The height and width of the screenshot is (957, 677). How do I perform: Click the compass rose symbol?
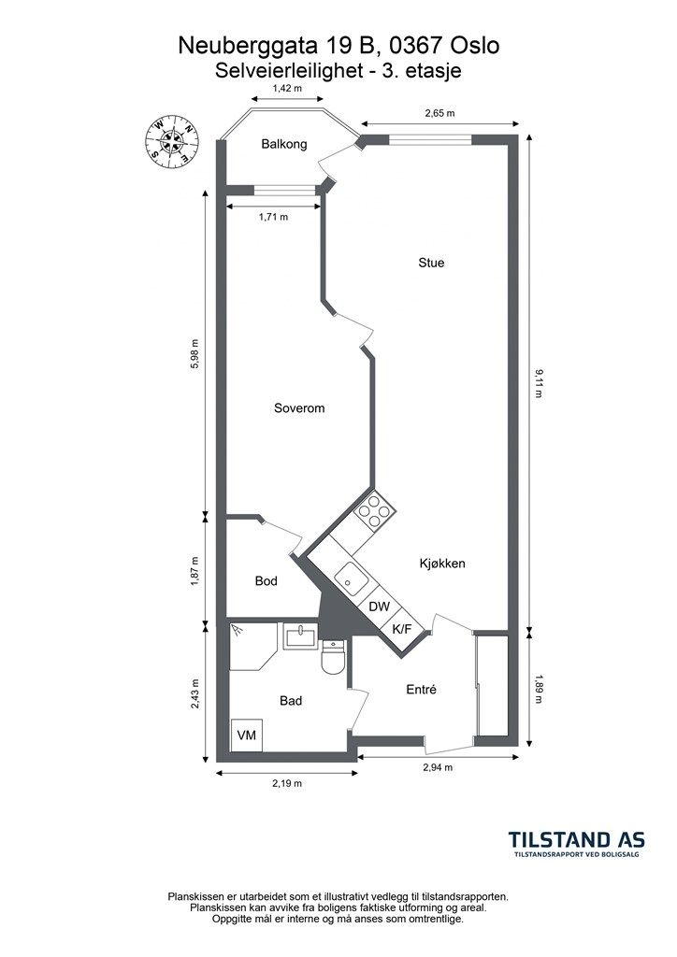[x=173, y=141]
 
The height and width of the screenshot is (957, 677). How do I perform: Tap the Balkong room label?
[x=284, y=144]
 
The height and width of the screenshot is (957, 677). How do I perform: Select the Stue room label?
[x=431, y=263]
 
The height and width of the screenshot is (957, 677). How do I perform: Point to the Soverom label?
[x=299, y=407]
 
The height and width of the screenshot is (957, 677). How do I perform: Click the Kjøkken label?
[x=442, y=564]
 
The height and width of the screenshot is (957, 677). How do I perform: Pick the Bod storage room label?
[x=266, y=581]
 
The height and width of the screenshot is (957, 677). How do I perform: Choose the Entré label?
[x=421, y=689]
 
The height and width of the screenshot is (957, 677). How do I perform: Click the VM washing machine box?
[x=247, y=735]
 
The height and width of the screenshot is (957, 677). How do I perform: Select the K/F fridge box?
[x=401, y=629]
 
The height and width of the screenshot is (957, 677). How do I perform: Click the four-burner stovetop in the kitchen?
[x=374, y=510]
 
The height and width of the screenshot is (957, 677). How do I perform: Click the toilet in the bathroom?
[x=333, y=657]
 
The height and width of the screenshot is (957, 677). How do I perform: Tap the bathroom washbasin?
[x=301, y=636]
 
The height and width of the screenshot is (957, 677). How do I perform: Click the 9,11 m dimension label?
[x=537, y=383]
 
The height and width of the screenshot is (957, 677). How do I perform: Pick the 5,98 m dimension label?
[x=194, y=354]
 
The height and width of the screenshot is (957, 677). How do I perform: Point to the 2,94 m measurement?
[x=438, y=767]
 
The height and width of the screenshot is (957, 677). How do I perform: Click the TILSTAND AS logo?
[x=577, y=844]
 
